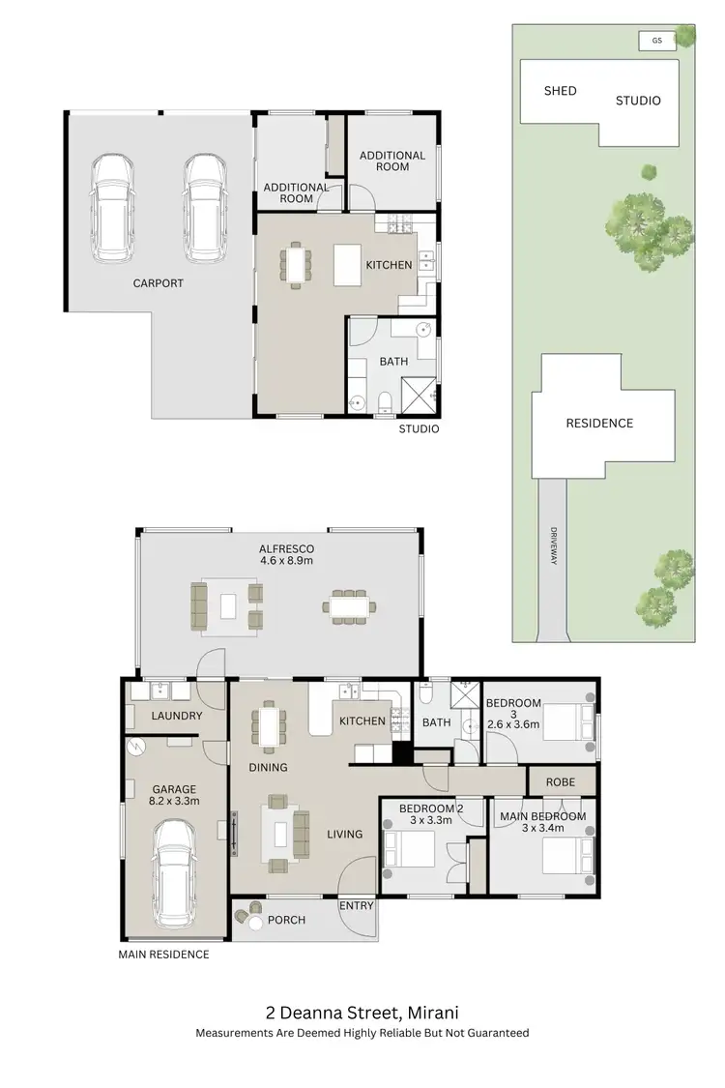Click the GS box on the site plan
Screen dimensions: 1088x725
pyautogui.click(x=657, y=41)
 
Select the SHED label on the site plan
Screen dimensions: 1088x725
pyautogui.click(x=560, y=91)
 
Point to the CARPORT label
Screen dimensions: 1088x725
pyautogui.click(x=159, y=283)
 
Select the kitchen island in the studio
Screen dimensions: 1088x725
pyautogui.click(x=348, y=264)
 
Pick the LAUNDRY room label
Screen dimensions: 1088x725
pyautogui.click(x=177, y=716)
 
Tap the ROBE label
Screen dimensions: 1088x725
pyautogui.click(x=560, y=781)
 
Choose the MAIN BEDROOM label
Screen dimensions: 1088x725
pyautogui.click(x=542, y=816)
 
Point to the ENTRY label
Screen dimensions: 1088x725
pyautogui.click(x=356, y=906)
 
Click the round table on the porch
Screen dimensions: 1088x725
pyautogui.click(x=256, y=924)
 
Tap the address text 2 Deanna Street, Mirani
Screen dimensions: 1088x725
pyautogui.click(x=362, y=1013)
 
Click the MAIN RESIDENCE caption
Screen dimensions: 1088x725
pyautogui.click(x=163, y=955)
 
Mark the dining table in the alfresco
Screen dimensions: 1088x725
pyautogui.click(x=351, y=606)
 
